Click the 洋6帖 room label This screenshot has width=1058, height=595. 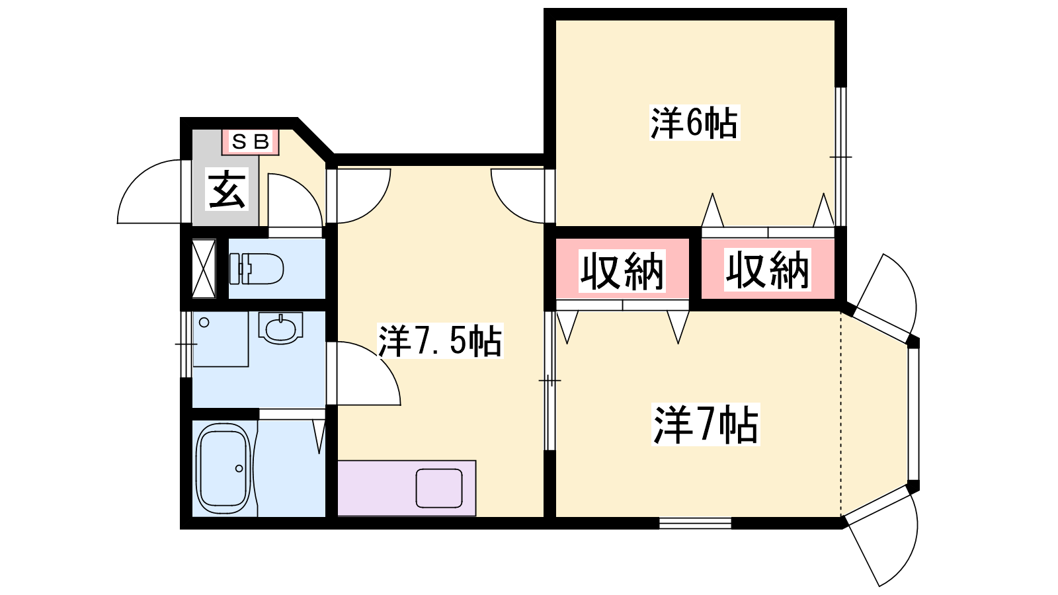pyautogui.click(x=694, y=123)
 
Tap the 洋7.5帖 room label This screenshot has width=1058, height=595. pyautogui.click(x=440, y=340)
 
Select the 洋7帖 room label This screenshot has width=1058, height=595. pyautogui.click(x=706, y=424)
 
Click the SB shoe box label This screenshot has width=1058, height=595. pyautogui.click(x=251, y=141)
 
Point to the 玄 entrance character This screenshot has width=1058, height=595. pyautogui.click(x=227, y=189)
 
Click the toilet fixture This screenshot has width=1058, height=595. pyautogui.click(x=256, y=268)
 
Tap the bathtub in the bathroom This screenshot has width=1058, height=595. pyautogui.click(x=223, y=468)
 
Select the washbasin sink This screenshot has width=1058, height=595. pyautogui.click(x=280, y=328)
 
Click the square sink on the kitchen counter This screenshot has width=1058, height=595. pyautogui.click(x=439, y=489)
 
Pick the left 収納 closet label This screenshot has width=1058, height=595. pyautogui.click(x=622, y=270)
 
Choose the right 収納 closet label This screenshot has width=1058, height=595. pyautogui.click(x=768, y=270)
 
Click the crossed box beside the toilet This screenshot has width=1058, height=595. pyautogui.click(x=204, y=268)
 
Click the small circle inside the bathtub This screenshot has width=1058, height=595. pyautogui.click(x=239, y=469)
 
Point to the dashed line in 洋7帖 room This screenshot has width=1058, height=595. pyautogui.click(x=840, y=414)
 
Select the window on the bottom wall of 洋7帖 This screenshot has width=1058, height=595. pyautogui.click(x=695, y=523)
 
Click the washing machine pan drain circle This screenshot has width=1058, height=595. pyautogui.click(x=204, y=323)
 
